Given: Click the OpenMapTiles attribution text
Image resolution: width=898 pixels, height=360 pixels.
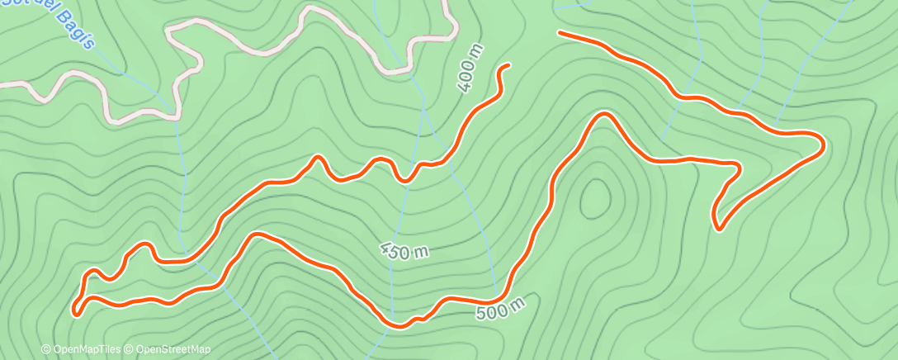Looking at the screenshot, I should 87,349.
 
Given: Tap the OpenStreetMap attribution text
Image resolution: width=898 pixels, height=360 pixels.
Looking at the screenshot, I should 172,349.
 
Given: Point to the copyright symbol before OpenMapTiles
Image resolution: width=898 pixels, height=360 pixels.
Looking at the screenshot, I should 45,349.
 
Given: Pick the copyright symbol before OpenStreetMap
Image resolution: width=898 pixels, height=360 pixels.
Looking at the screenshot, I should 130,349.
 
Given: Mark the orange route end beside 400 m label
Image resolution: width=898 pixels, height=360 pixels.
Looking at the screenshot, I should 507,65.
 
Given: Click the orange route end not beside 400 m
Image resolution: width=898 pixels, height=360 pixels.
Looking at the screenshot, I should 560,33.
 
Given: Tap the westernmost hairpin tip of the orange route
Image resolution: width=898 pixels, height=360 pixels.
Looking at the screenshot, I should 76,311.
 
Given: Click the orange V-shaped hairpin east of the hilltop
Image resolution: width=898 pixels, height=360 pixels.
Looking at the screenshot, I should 717,226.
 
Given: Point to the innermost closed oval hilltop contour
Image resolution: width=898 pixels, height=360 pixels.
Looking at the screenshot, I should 595,199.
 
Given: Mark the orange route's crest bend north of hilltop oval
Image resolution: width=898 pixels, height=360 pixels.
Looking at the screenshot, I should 605,115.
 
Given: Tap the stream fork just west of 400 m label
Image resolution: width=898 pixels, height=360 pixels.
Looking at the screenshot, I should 423,107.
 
